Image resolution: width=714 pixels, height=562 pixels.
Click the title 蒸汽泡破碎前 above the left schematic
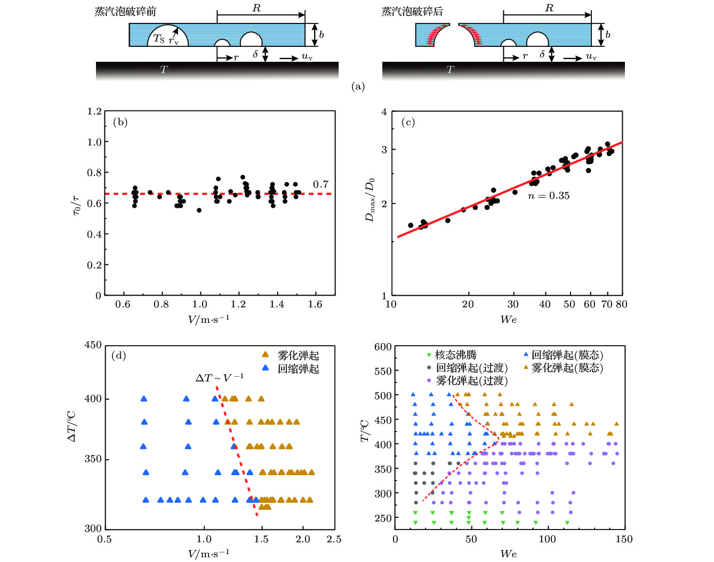pyautogui.click(x=125, y=12)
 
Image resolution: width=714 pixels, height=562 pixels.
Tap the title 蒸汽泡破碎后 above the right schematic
pyautogui.click(x=412, y=12)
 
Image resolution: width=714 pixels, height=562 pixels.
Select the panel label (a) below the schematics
pyautogui.click(x=358, y=87)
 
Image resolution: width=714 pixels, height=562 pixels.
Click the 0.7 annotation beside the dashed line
pyautogui.click(x=320, y=184)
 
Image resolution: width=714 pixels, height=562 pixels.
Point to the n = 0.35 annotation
pyautogui.click(x=548, y=196)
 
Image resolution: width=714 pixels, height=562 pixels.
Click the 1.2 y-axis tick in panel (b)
pyautogui.click(x=94, y=111)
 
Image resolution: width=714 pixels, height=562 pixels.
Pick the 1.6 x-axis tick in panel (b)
pyautogui.click(x=315, y=304)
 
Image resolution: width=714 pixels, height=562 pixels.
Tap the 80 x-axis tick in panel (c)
pyautogui.click(x=621, y=304)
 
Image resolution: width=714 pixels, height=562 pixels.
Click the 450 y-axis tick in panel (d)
pyautogui.click(x=93, y=345)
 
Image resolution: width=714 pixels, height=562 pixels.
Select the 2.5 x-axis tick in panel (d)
pyautogui.click(x=334, y=539)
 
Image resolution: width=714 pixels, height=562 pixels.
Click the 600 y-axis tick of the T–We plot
pyautogui.click(x=383, y=347)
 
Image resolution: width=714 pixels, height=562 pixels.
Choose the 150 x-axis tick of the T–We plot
pyautogui.click(x=624, y=539)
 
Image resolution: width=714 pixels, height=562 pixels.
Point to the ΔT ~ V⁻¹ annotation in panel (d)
pyautogui.click(x=219, y=378)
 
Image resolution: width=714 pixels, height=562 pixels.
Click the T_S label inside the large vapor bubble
pyautogui.click(x=159, y=38)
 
